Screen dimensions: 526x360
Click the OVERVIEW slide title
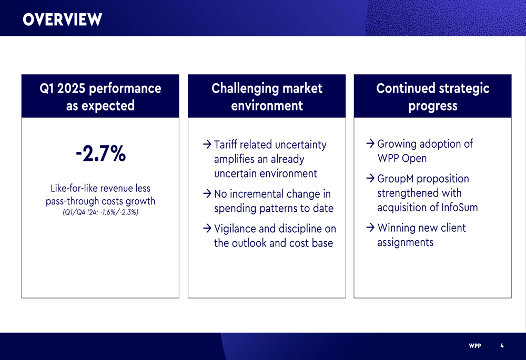(x=63, y=19)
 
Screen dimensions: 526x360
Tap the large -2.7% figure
(x=100, y=153)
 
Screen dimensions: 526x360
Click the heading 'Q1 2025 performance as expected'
(x=100, y=97)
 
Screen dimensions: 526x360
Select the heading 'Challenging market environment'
(x=267, y=97)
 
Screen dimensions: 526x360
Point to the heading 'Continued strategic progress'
(x=433, y=97)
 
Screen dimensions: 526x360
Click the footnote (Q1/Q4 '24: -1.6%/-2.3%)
(x=100, y=212)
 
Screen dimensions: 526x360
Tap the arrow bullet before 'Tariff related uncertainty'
(x=207, y=145)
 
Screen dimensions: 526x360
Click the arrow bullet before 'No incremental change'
(x=207, y=193)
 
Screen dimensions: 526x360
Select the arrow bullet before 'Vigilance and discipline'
(x=207, y=228)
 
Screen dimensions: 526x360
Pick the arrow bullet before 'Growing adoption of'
(x=370, y=143)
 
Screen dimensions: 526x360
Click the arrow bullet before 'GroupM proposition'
(x=370, y=178)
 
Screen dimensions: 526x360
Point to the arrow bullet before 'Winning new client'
(x=370, y=228)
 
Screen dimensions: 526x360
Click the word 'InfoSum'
(x=460, y=208)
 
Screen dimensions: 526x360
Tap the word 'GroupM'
(x=396, y=179)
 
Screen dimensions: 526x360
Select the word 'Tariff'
(x=226, y=145)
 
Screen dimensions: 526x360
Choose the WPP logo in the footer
(x=475, y=346)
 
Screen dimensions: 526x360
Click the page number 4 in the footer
(x=502, y=346)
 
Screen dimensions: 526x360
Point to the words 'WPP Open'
(x=402, y=159)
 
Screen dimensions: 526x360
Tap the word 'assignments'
(x=405, y=242)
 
